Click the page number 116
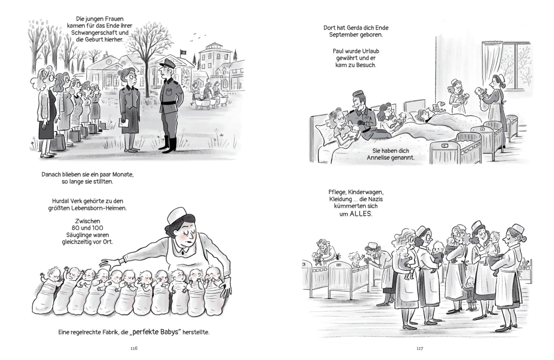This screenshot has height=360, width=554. coord(134,348)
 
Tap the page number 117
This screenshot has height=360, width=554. coord(420,348)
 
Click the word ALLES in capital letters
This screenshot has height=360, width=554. coord(361,214)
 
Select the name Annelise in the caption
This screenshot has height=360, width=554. coord(378,157)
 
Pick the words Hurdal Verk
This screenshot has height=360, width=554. coord(65,201)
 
